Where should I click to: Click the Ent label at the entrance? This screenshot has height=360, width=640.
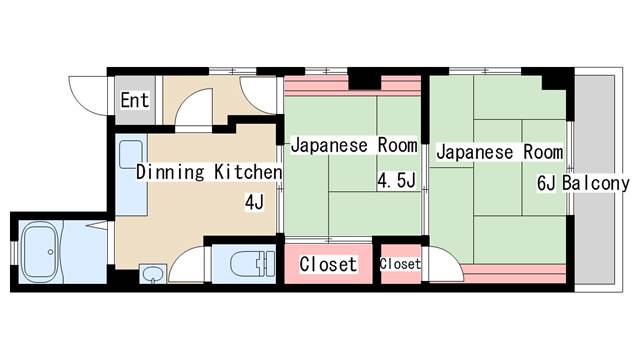(x=135, y=100)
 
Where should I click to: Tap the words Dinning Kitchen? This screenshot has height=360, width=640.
(x=209, y=172)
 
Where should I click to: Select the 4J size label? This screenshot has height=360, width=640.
(x=254, y=202)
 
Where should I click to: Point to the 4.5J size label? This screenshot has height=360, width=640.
(x=396, y=180)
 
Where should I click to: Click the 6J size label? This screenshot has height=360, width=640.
(x=547, y=184)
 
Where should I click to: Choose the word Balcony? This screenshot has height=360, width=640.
(x=596, y=184)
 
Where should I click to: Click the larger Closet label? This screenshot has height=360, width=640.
(x=328, y=264)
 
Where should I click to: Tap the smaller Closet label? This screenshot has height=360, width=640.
(x=400, y=264)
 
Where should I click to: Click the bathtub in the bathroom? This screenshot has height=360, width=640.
(x=40, y=252)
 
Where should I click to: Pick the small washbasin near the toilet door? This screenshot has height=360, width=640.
(x=153, y=273)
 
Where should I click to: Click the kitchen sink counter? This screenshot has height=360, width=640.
(x=131, y=175)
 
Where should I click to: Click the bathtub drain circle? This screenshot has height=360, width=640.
(x=51, y=252)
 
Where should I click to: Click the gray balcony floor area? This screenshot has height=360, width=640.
(x=594, y=180)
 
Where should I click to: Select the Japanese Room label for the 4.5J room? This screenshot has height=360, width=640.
(x=354, y=145)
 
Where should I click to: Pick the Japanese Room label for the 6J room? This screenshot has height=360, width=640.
(x=500, y=152)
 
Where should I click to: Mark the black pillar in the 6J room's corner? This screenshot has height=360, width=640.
(x=554, y=83)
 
